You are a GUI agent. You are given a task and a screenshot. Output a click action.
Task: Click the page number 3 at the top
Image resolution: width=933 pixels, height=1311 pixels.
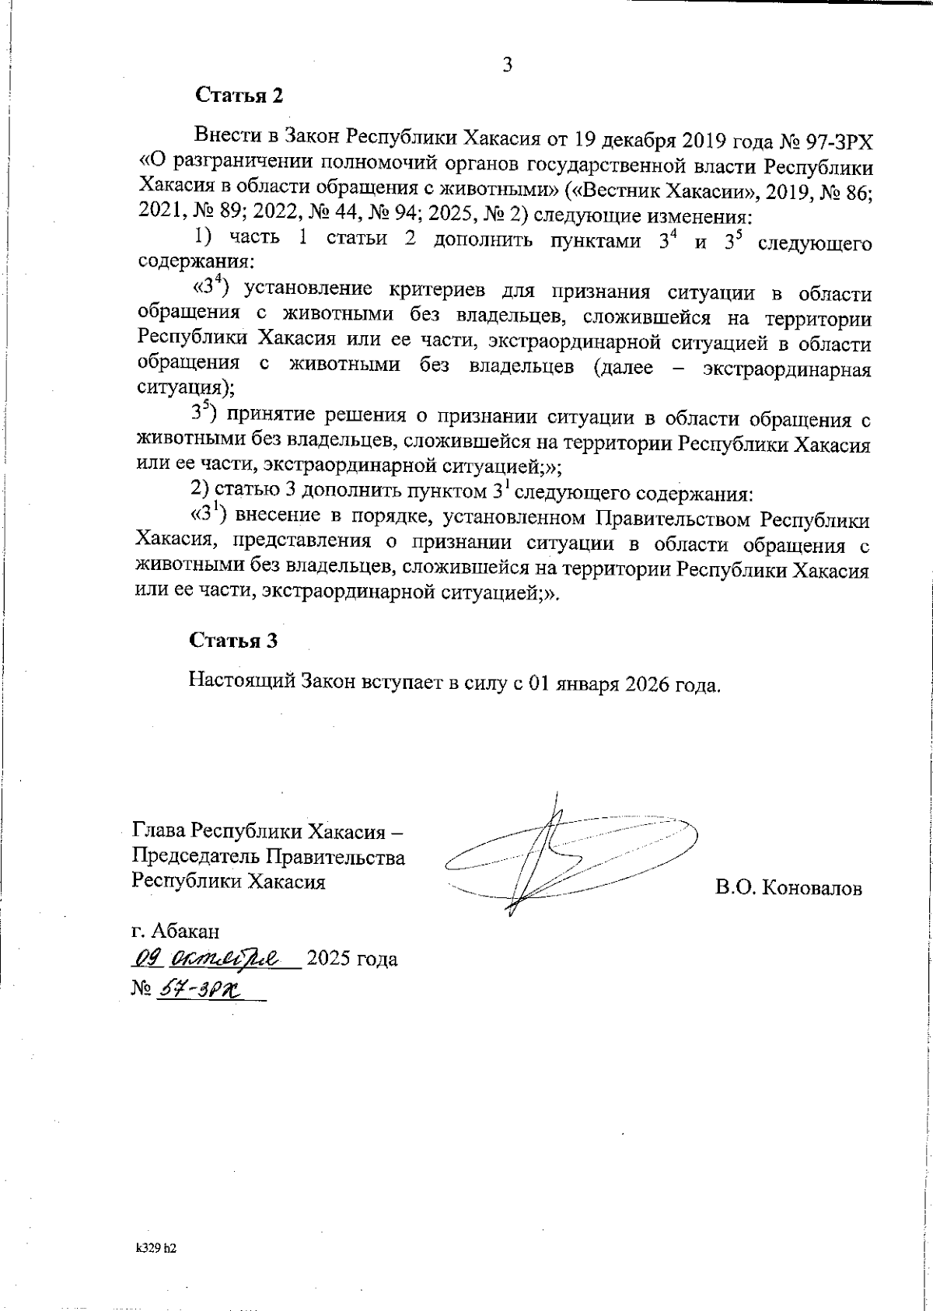point(506,65)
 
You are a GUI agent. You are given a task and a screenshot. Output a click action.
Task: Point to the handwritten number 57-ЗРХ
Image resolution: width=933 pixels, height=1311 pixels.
point(200,988)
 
